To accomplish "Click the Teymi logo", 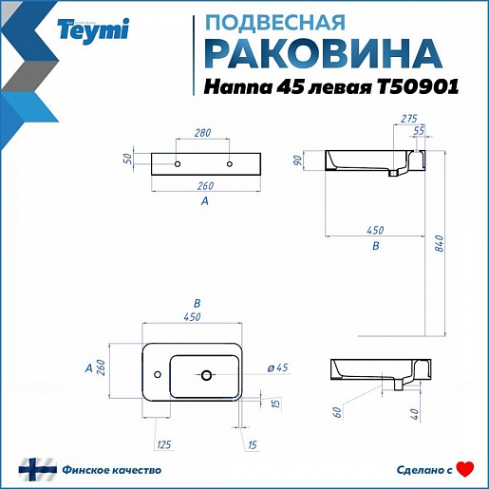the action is coord(93,30).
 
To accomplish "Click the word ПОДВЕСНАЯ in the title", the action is coord(275,23).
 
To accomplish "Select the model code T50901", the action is coord(418,86).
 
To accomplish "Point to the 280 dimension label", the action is coord(202,133).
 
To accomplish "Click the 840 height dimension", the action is coord(440,243).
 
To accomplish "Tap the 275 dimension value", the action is coord(409,119).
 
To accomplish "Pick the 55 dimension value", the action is coord(419,131).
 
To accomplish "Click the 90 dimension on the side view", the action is coord(297,160).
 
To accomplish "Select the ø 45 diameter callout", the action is coord(277,367).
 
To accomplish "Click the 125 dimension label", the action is coord(164,444).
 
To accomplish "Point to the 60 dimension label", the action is coord(337,412).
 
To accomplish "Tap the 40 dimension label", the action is coord(414,414).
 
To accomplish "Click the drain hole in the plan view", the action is coord(206,375).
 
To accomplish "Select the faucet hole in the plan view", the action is coord(158,374).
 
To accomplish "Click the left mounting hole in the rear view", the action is coord(178,164).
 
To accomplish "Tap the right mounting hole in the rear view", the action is coord(230,164).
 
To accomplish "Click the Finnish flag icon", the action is coord(38,470).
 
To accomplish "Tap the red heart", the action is coord(465,469).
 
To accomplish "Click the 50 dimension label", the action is coord(127,159).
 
